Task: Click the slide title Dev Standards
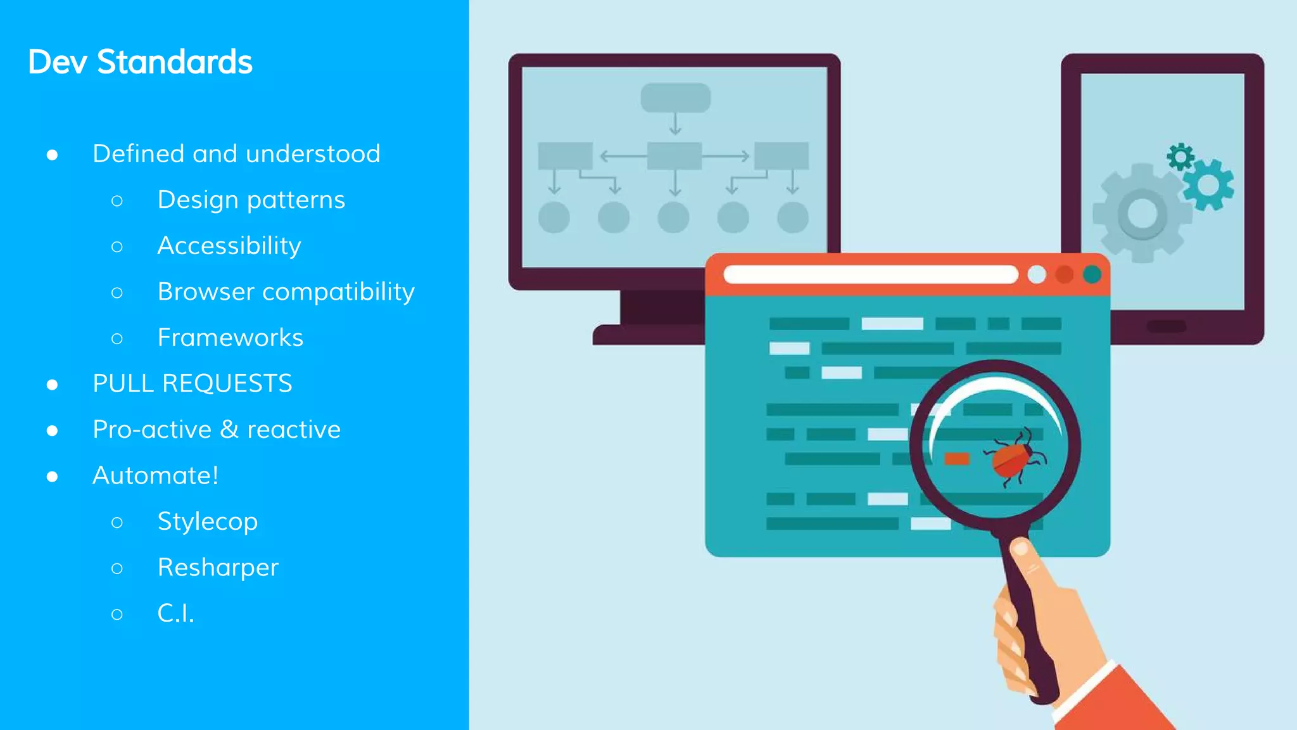coord(140,62)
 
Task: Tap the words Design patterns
coord(251,200)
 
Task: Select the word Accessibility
coord(229,246)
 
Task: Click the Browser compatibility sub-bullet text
coord(286,292)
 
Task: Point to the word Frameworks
coord(230,338)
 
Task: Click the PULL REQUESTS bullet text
coord(192,383)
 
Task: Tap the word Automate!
coord(155,475)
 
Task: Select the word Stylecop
coord(207,522)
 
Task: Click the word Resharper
coord(217,567)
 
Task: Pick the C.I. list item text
coord(175,613)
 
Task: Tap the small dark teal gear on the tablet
coord(1180,157)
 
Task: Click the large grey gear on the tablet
coord(1141,213)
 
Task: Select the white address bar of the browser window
coord(870,274)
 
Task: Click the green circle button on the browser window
coord(1092,274)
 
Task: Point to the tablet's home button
coord(1166,326)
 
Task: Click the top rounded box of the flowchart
coord(675,98)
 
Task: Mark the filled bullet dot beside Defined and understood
coord(53,155)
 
